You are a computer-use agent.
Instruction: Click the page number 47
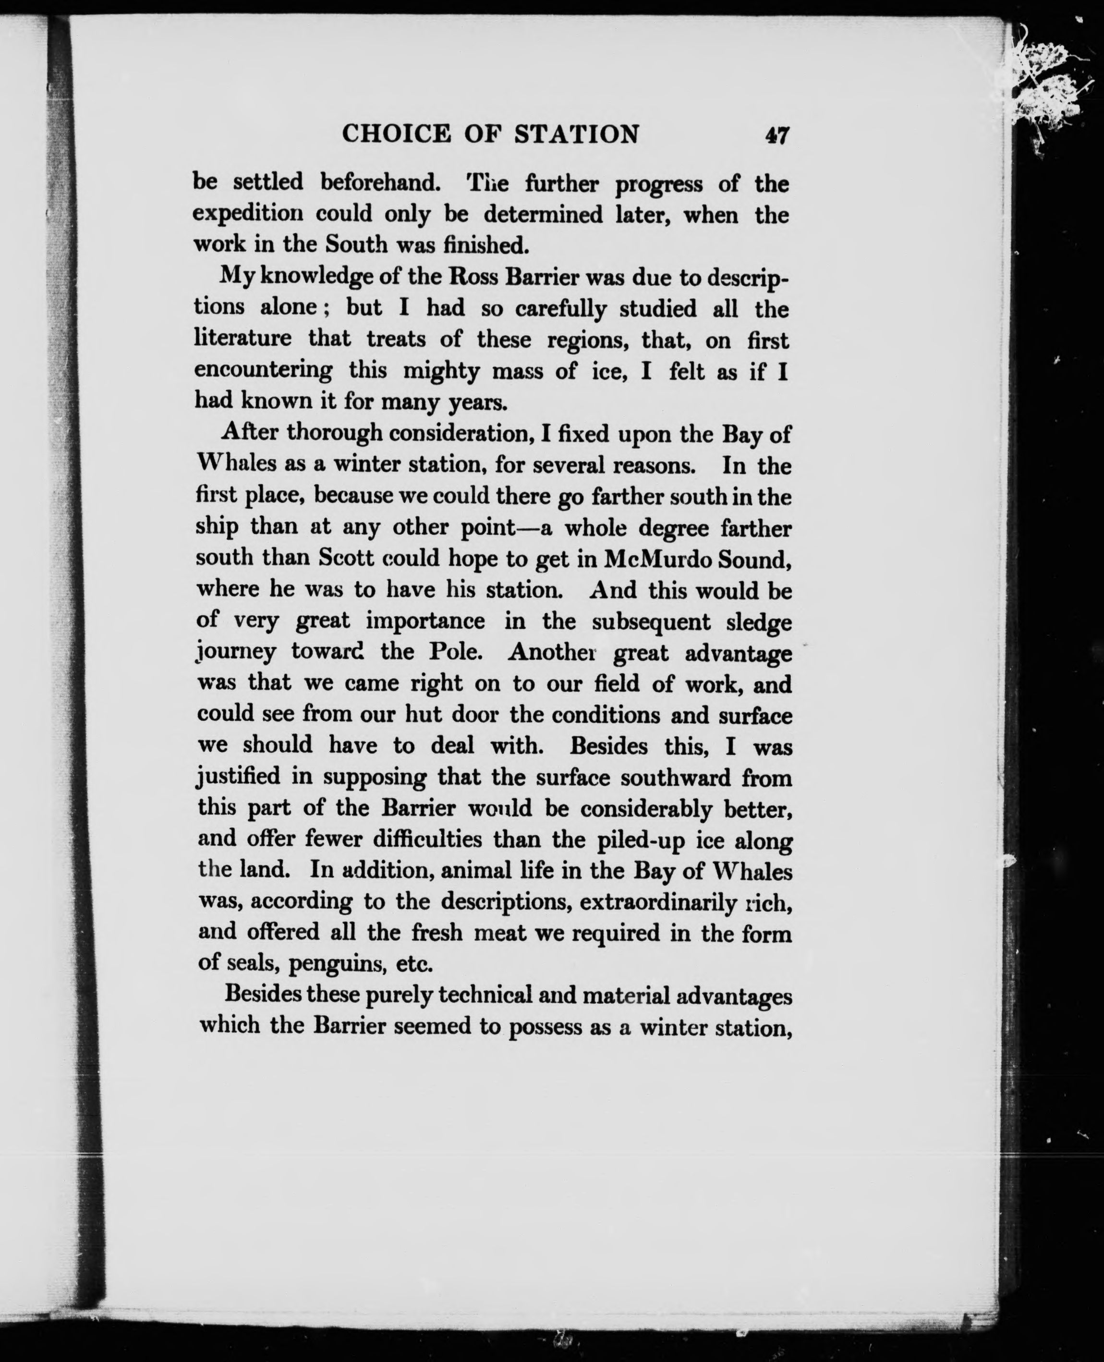coord(777,135)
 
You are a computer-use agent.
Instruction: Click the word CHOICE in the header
coord(396,134)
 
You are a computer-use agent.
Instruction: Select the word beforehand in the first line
coord(380,182)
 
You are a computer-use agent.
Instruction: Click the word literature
coord(243,338)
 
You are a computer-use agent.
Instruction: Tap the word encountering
coord(263,371)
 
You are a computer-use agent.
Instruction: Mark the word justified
coord(239,777)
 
